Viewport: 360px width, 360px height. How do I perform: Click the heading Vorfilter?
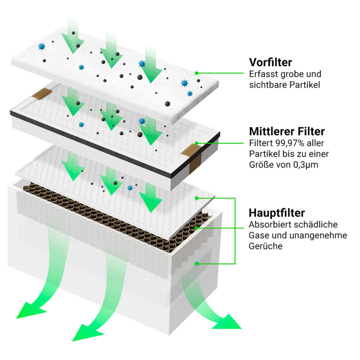tap(270, 62)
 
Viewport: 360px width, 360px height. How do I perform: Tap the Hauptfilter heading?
tap(277, 212)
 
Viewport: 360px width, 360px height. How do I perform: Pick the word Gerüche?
tap(265, 247)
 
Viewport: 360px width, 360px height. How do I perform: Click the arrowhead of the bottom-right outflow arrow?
tap(227, 320)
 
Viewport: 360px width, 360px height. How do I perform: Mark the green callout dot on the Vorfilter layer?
tap(197, 73)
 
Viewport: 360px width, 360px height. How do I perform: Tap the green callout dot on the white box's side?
tap(196, 263)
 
